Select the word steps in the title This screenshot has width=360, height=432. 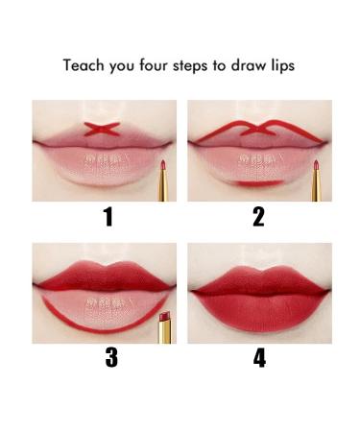187,67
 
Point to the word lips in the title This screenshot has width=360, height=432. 283,67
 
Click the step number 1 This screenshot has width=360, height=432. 108,217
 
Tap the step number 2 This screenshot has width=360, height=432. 258,217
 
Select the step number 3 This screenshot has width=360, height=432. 110,358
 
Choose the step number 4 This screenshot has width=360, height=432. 259,358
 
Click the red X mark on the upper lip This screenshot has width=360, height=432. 100,130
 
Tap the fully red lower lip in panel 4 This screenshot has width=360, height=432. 257,307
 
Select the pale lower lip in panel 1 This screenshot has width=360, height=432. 101,163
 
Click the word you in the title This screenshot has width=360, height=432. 117,67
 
